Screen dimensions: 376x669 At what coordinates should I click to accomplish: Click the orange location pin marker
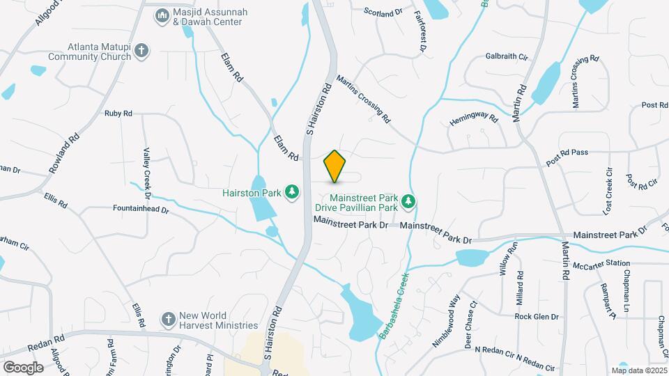pyautogui.click(x=335, y=166)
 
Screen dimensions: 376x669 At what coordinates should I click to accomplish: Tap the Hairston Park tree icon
pyautogui.click(x=293, y=191)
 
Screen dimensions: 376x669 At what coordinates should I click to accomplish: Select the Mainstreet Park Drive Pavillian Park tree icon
pyautogui.click(x=409, y=202)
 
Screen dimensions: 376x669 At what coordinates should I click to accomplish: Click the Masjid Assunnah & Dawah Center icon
pyautogui.click(x=162, y=15)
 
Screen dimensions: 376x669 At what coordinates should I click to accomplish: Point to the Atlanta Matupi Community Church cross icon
pyautogui.click(x=141, y=50)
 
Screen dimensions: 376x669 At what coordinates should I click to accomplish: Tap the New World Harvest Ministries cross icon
pyautogui.click(x=168, y=319)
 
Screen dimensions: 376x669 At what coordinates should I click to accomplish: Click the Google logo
pyautogui.click(x=23, y=367)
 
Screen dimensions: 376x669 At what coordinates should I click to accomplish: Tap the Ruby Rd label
pyautogui.click(x=118, y=113)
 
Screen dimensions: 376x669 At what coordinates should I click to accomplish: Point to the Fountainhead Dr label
pyautogui.click(x=141, y=207)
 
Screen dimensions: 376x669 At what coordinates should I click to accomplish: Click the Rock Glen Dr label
pyautogui.click(x=537, y=316)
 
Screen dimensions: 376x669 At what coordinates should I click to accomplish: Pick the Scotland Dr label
pyautogui.click(x=384, y=12)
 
